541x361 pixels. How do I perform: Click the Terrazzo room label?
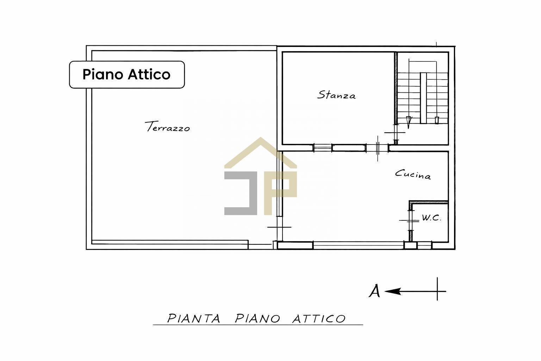[167, 127]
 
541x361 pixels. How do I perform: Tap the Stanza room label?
[336, 95]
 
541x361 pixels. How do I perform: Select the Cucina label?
[413, 175]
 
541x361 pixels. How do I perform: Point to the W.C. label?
[431, 218]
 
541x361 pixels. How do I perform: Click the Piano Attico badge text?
[126, 74]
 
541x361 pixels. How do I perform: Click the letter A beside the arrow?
[374, 291]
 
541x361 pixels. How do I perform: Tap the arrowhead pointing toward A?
[393, 291]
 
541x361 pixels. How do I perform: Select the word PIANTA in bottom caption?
[194, 318]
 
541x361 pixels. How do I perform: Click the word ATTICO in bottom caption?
[319, 318]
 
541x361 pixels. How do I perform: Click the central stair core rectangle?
[423, 98]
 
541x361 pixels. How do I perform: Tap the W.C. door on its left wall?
[410, 221]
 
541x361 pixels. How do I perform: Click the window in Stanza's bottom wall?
[322, 148]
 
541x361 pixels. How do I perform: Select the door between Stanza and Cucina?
[378, 148]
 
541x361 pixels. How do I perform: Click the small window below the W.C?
[424, 245]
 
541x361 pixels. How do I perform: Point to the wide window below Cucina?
[359, 245]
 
